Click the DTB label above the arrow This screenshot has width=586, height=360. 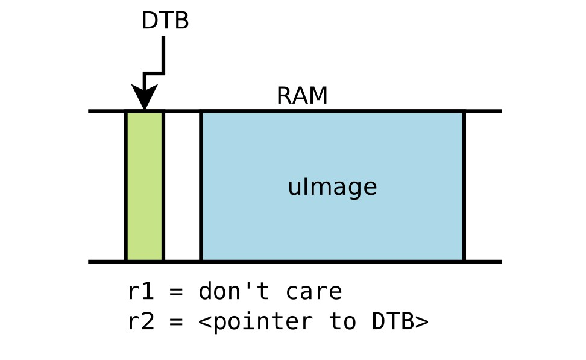165,21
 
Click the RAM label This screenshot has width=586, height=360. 301,96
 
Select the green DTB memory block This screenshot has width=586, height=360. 145,186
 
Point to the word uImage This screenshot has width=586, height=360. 332,187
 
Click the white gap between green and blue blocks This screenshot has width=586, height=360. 182,186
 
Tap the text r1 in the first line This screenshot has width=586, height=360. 141,292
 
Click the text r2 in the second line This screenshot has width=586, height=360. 141,321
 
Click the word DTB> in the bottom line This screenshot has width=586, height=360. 400,321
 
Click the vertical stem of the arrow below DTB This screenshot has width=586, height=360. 163,54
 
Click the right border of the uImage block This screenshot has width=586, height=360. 464,186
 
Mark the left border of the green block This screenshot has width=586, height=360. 125,186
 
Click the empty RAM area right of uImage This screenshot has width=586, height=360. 482,186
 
